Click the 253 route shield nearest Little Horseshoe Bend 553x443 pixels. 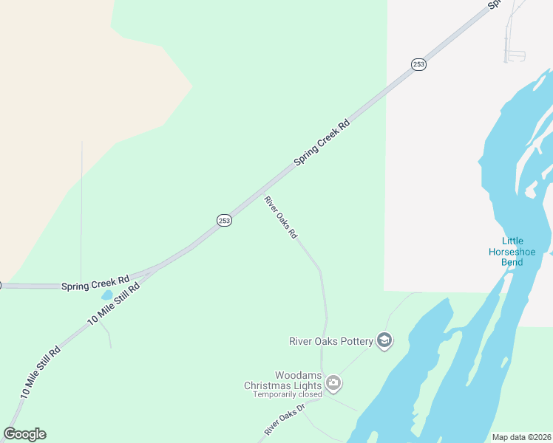click(419, 64)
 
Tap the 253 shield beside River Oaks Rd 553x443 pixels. click(225, 220)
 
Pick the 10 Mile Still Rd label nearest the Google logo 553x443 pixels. click(41, 372)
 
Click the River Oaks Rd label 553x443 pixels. click(281, 217)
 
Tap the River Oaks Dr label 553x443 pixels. click(285, 419)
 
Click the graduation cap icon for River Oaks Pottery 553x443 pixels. click(384, 340)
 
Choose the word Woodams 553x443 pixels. click(298, 375)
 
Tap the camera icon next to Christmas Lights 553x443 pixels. click(333, 382)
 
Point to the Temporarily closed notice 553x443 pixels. click(287, 394)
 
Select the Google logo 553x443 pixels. click(24, 434)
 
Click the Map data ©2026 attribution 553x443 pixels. click(521, 437)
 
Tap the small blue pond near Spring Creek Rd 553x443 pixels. click(108, 295)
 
